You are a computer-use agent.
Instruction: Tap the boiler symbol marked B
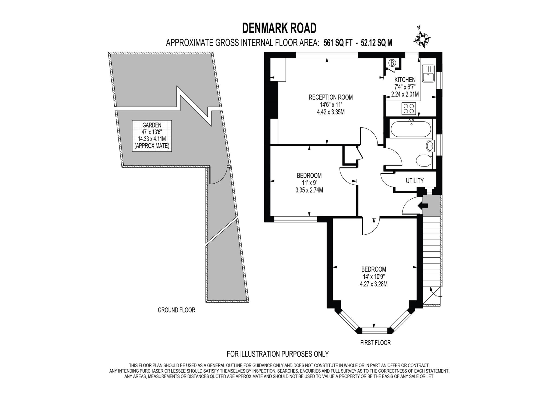(x=392, y=63)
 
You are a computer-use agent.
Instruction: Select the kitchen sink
(x=428, y=73)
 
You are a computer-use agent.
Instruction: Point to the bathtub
(x=411, y=129)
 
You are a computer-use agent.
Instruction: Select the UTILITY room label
(x=414, y=181)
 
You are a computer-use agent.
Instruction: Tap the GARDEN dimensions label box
(x=152, y=136)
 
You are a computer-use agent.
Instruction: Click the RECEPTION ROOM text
(x=331, y=97)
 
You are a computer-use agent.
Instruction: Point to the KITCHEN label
(x=405, y=80)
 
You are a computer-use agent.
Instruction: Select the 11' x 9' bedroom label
(x=309, y=182)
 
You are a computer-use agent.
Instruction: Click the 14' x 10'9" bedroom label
(x=373, y=276)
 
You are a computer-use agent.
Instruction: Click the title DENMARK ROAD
(x=279, y=28)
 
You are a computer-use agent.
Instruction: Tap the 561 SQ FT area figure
(x=338, y=43)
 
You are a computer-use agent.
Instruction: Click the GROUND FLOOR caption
(x=176, y=310)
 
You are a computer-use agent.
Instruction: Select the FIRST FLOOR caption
(x=375, y=343)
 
